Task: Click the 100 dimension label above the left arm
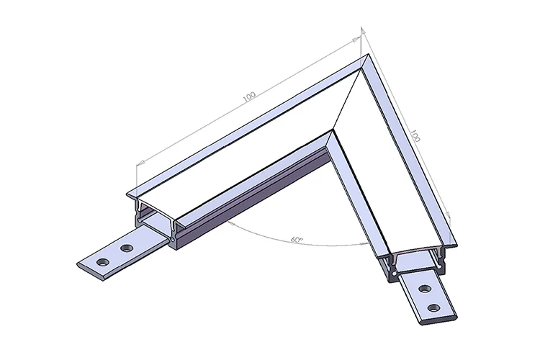(249, 96)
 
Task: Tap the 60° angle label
(295, 238)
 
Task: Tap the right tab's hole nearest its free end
(433, 308)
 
